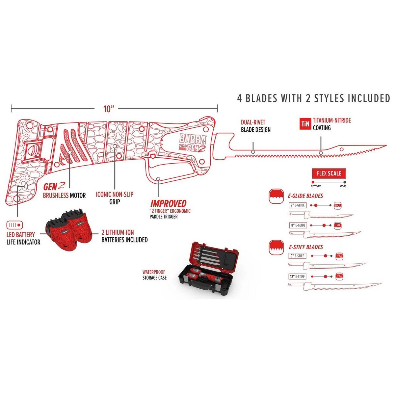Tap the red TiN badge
pyautogui.click(x=304, y=123)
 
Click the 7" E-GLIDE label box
pyautogui.click(x=298, y=205)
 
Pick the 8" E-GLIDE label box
pyautogui.click(x=298, y=225)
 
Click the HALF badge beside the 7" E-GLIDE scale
pyautogui.click(x=337, y=205)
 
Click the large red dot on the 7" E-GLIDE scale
pyautogui.click(x=316, y=205)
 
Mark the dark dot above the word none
pyautogui.click(x=344, y=182)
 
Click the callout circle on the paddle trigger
pyautogui.click(x=158, y=179)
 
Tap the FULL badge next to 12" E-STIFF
pyautogui.click(x=339, y=276)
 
